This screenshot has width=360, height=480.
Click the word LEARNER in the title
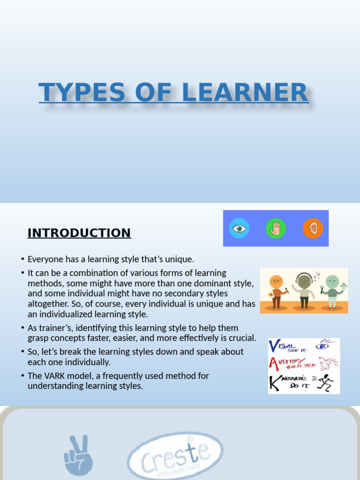coord(245,92)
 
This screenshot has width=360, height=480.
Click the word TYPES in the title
coord(82,92)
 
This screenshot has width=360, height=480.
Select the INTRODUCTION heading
coord(79,233)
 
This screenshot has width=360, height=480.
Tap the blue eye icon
coord(239,229)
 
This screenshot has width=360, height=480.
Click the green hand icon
coord(276,229)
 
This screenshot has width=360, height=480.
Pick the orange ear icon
coord(313,229)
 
